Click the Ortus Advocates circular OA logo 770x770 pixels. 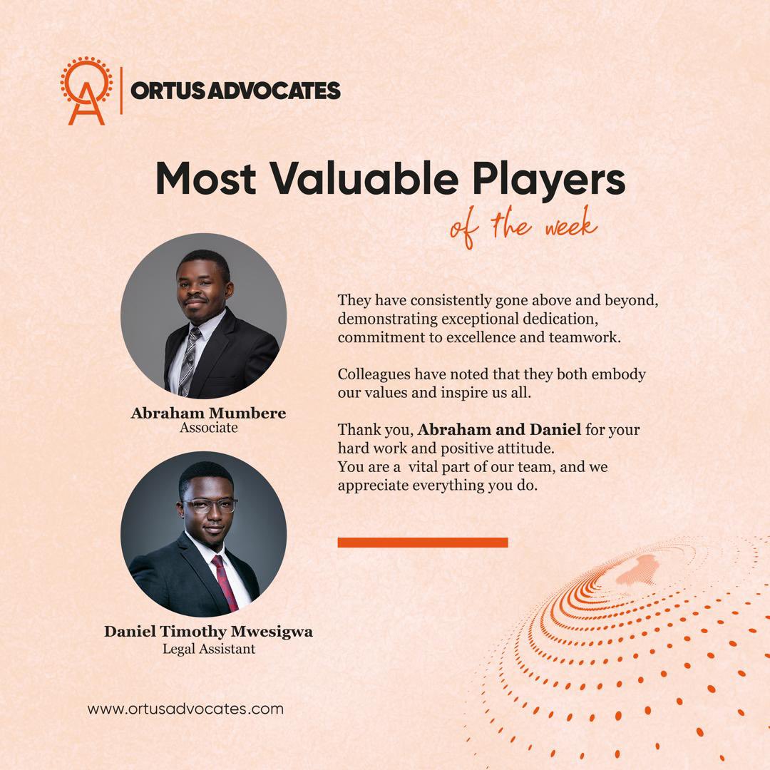coord(86,90)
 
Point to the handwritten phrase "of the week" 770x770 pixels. coord(523,227)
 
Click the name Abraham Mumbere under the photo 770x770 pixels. coord(208,413)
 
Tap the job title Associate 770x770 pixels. coord(208,428)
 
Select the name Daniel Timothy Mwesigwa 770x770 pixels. coord(208,632)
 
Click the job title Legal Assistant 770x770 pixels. coord(208,649)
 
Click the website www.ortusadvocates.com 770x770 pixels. coord(185,709)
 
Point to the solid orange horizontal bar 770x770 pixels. coord(422,543)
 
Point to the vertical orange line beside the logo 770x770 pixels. coord(121,90)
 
